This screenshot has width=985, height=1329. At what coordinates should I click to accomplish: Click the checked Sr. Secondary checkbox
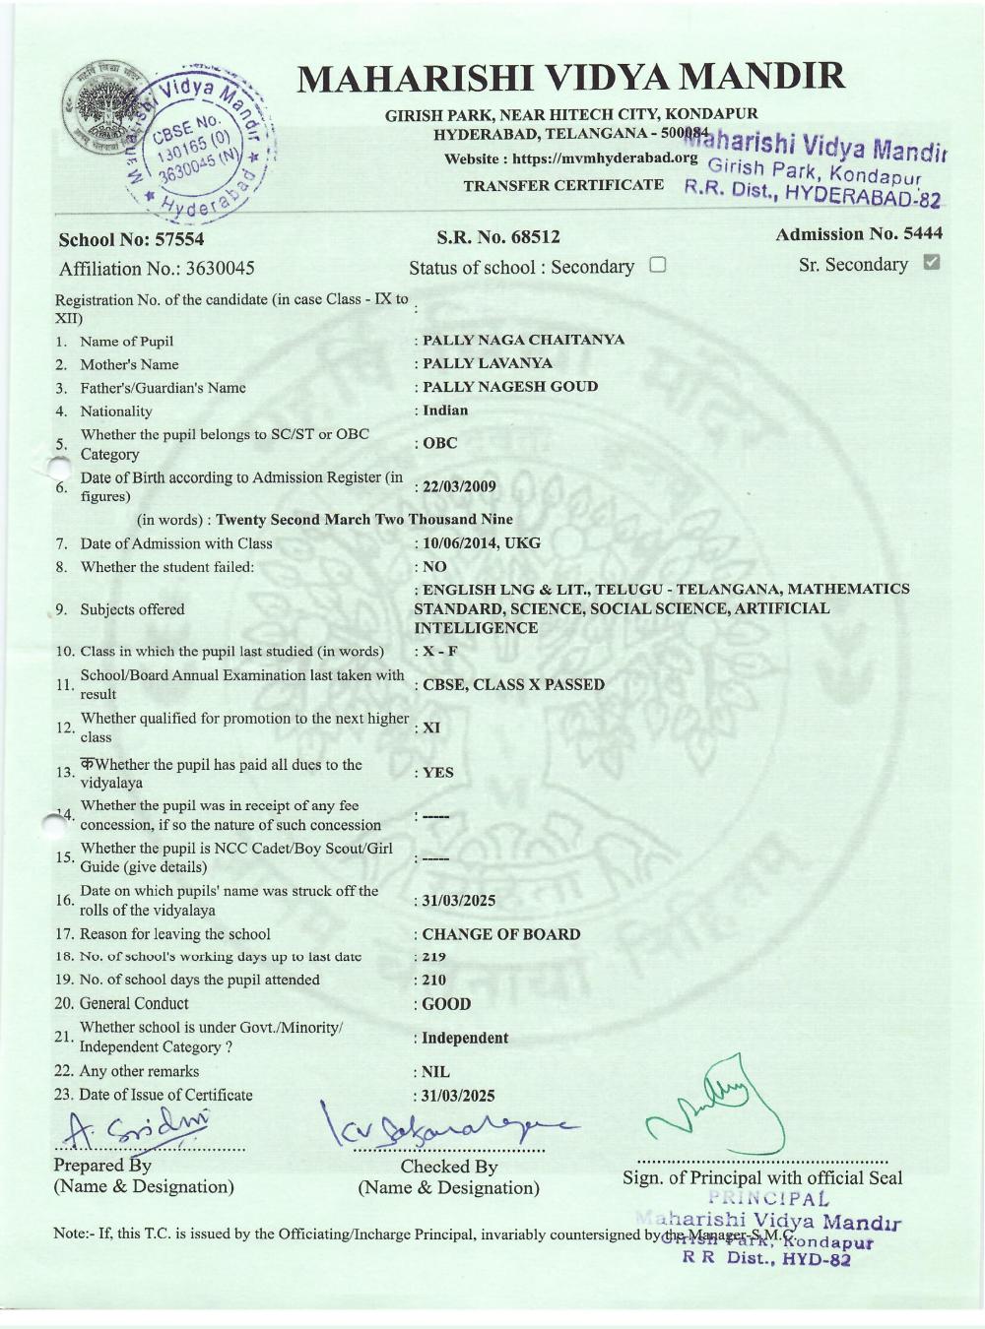932,262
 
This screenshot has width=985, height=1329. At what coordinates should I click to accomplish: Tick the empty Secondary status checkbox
658,265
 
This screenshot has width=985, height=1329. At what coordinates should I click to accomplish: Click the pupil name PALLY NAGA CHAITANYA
523,340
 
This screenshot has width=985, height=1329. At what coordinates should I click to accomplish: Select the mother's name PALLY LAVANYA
487,363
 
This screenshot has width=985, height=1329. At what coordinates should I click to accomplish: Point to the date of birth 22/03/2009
459,486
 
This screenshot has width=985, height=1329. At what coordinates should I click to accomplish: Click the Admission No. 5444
858,233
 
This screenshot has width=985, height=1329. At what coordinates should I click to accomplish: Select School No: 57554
131,239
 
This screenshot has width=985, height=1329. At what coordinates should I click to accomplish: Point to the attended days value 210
433,980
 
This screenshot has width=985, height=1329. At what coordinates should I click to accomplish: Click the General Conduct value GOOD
446,1004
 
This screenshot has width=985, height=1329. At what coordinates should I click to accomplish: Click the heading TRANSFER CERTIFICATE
563,185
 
